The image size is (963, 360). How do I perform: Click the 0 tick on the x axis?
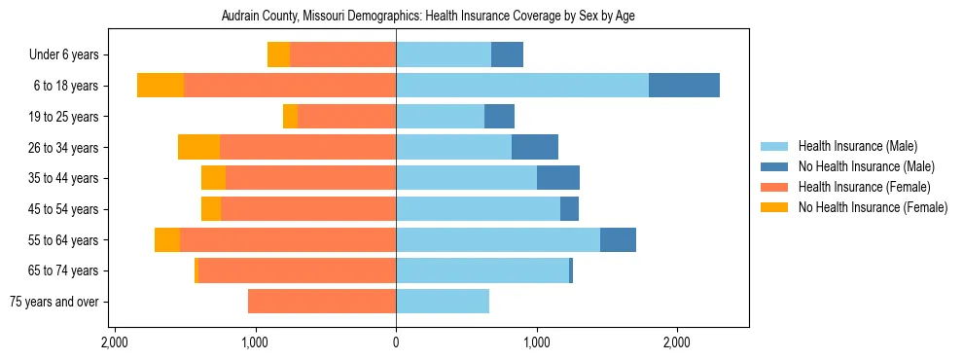[396, 343]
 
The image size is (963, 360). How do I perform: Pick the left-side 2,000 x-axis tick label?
[115, 343]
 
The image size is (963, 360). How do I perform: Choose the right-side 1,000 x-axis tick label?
[536, 343]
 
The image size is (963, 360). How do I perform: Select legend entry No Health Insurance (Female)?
[873, 207]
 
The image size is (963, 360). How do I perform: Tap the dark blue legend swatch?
[774, 166]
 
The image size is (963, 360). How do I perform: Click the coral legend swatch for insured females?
[774, 187]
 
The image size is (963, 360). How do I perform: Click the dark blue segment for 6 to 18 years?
[684, 86]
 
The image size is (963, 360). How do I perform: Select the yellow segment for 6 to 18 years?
[160, 86]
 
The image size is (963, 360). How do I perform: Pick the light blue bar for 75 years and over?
[443, 302]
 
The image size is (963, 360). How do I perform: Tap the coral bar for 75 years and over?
[322, 302]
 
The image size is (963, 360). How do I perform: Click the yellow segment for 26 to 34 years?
[198, 148]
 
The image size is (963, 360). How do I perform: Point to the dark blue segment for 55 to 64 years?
[618, 240]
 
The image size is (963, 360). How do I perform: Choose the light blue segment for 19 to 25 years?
[440, 117]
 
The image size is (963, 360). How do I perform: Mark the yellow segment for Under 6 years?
[278, 55]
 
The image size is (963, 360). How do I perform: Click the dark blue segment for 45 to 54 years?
[569, 209]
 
